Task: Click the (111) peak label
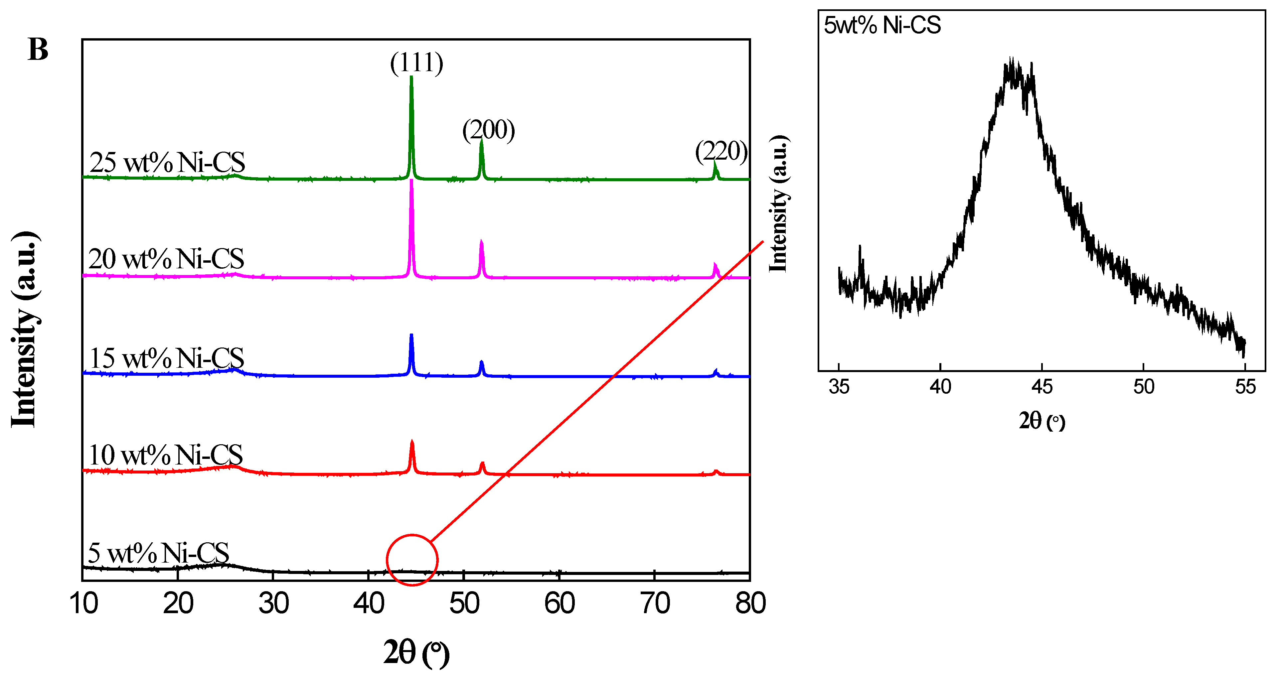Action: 416,63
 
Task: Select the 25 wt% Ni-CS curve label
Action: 167,162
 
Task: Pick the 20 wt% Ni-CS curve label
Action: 166,258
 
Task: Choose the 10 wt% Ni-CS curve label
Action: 165,455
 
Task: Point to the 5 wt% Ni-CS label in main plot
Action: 159,553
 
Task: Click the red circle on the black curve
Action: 412,560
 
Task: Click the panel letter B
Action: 38,50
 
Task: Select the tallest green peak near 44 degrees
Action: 411,124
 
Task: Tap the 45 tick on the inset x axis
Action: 1042,387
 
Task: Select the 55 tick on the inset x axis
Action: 1245,387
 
